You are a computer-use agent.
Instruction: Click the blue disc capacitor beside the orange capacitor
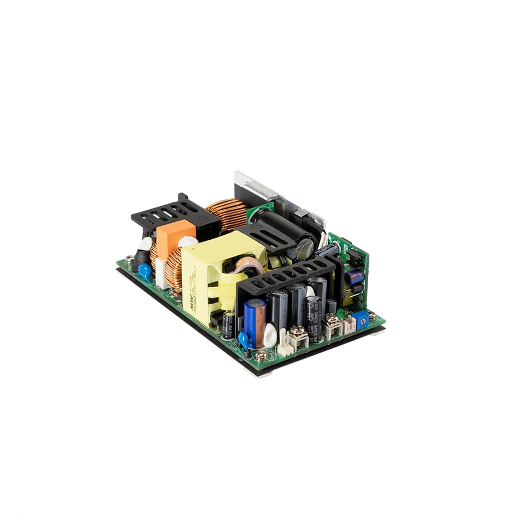click(145, 271)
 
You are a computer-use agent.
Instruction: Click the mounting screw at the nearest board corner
click(260, 357)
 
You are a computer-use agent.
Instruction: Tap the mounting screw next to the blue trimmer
click(372, 316)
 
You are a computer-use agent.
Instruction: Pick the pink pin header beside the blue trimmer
click(349, 326)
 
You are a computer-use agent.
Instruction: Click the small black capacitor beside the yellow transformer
click(228, 324)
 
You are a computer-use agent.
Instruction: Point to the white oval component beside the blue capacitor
click(270, 334)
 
